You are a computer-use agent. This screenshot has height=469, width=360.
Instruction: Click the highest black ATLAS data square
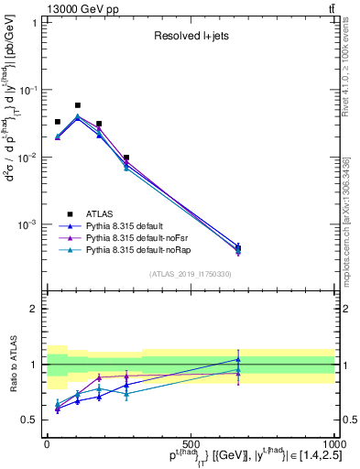coord(78,105)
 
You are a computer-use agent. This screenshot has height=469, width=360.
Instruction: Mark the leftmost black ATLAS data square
coord(57,122)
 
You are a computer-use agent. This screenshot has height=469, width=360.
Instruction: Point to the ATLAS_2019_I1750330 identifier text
coord(190,274)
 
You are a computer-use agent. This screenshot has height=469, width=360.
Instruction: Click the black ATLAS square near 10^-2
coord(126,158)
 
